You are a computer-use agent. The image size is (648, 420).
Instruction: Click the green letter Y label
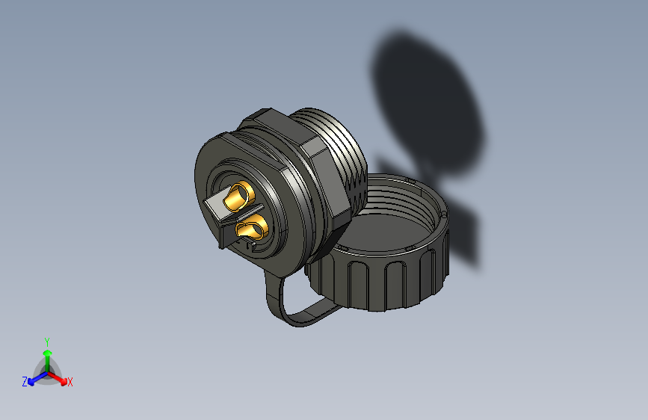click(47, 341)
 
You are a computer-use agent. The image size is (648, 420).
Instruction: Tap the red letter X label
click(70, 383)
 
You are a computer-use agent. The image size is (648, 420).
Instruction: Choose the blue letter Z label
click(25, 382)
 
